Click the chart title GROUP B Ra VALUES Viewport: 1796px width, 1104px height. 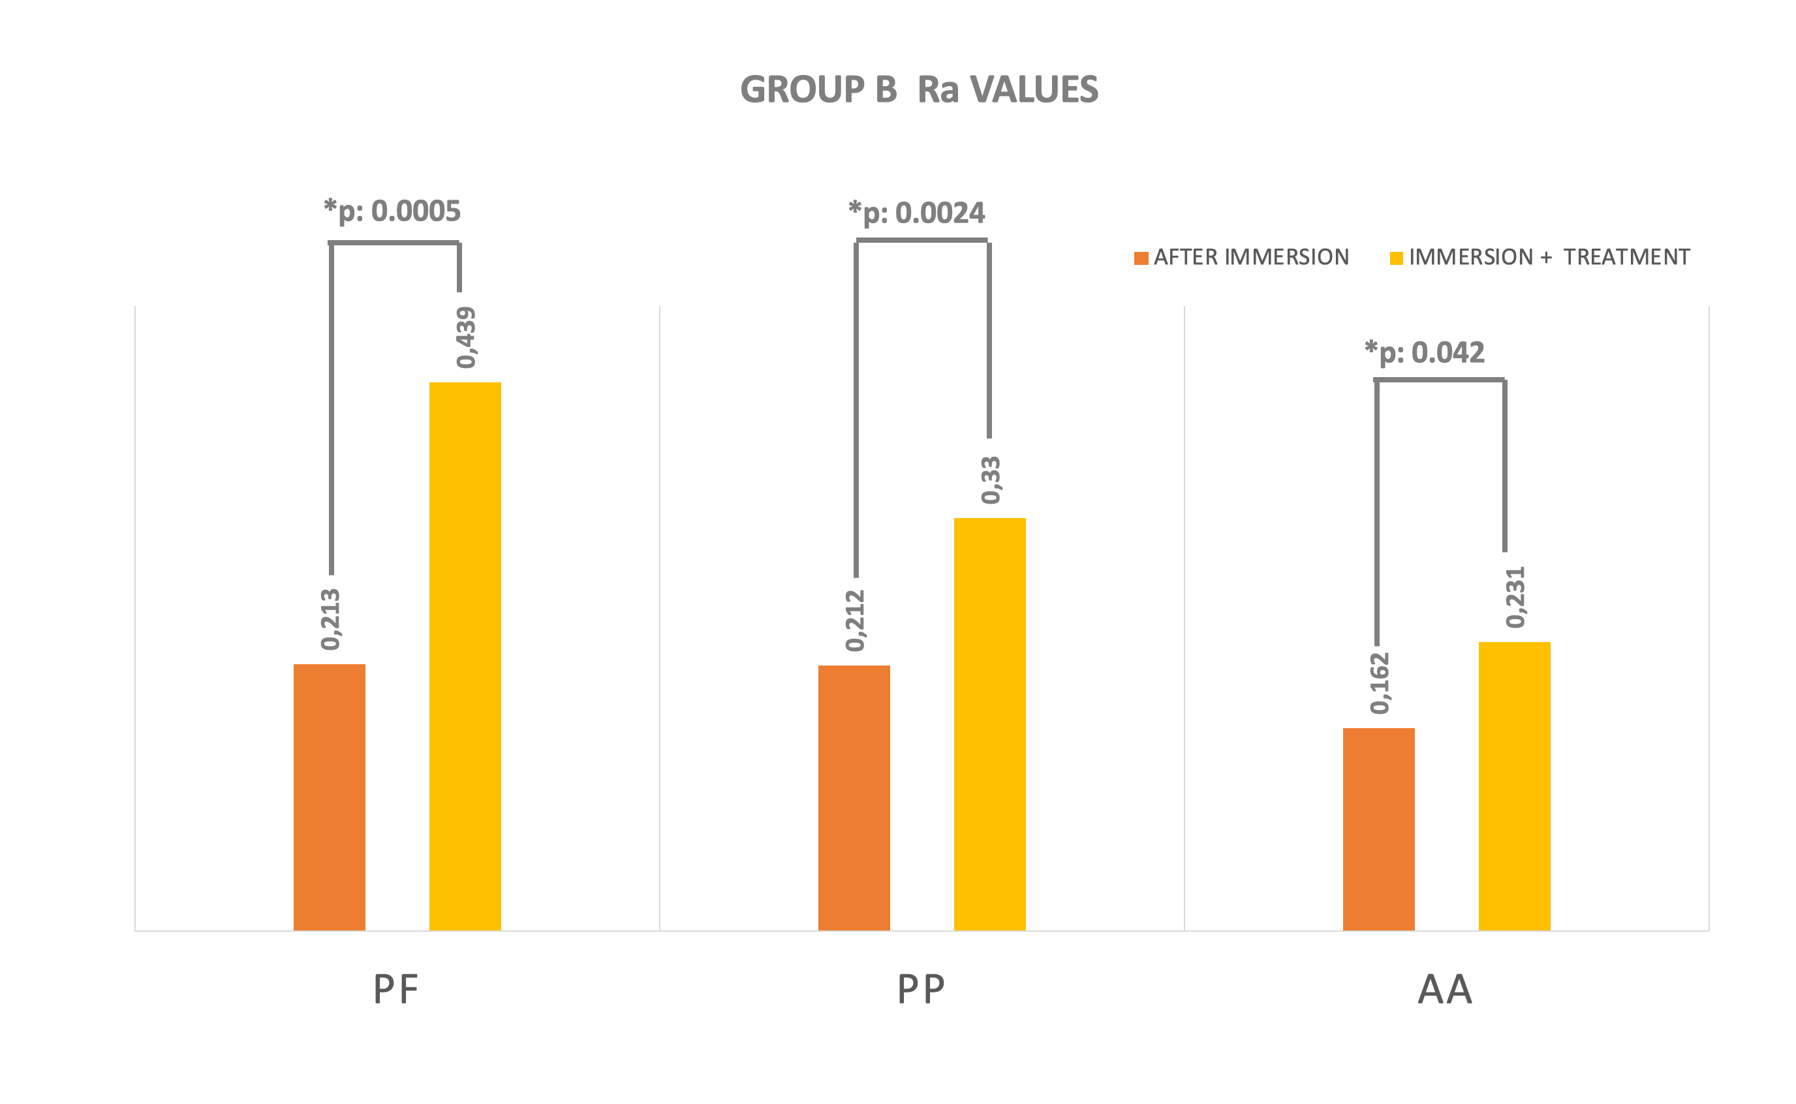918,90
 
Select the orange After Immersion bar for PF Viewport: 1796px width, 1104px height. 330,797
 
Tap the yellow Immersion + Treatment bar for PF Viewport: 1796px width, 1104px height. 465,656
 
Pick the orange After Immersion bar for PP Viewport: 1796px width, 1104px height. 854,797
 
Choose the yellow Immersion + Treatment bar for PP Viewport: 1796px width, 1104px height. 989,724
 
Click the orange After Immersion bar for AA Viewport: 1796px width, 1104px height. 1378,829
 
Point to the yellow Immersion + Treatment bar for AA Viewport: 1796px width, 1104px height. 1514,786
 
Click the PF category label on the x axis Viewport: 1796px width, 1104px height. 395,990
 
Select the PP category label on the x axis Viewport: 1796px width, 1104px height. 921,990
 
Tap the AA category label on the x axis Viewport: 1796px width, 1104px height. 1445,990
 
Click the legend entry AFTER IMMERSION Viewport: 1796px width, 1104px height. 1241,257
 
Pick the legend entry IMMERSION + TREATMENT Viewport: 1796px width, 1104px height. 1540,257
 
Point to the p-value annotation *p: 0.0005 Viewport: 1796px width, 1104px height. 392,211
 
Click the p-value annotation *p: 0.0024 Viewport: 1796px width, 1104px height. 916,213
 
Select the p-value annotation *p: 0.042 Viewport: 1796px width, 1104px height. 1425,352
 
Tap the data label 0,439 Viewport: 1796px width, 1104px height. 466,337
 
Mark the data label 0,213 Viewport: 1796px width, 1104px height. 331,619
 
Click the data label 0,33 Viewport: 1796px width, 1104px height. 991,480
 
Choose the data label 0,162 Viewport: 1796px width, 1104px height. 1380,682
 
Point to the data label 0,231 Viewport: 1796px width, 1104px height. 1515,596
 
